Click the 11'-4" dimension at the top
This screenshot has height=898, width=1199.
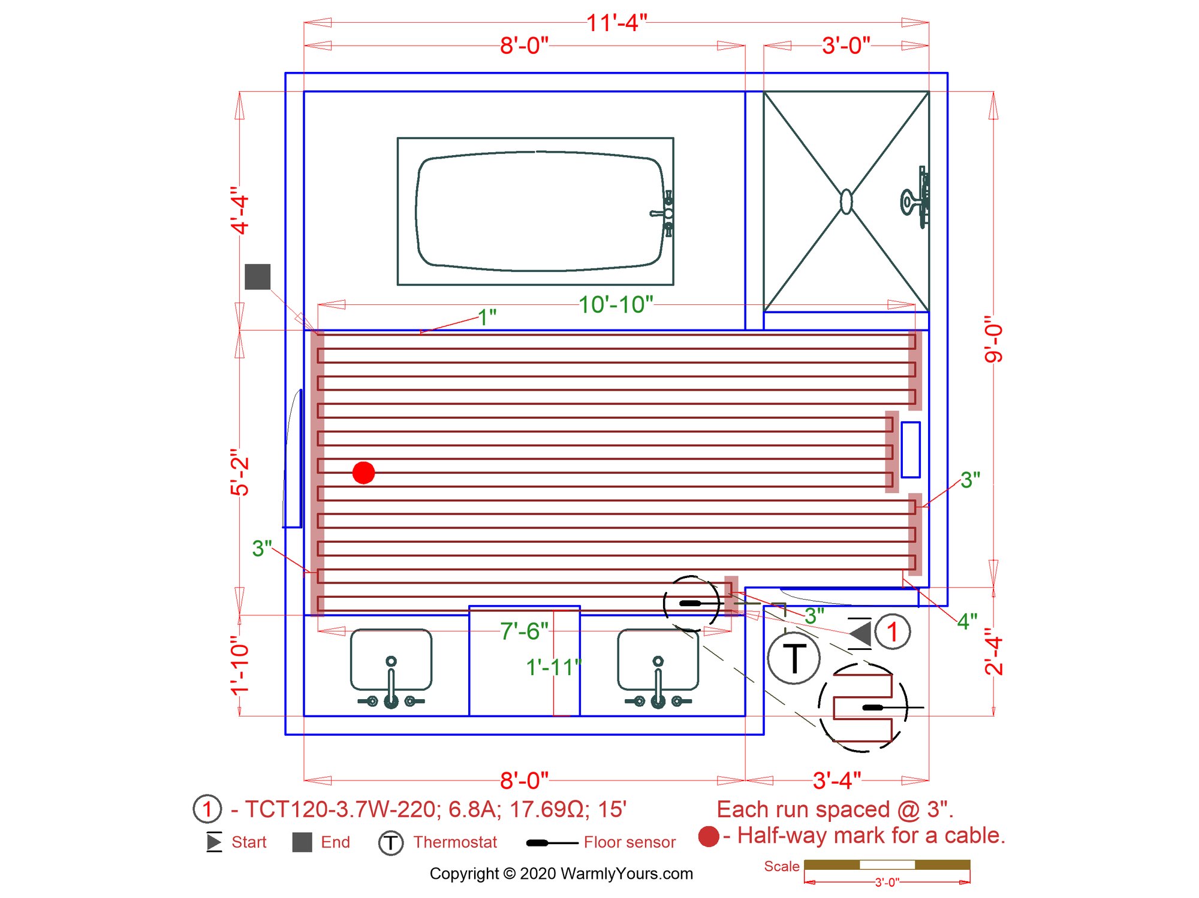tap(616, 23)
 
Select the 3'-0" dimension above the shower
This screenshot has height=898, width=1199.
tap(846, 46)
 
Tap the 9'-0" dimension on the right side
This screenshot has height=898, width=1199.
tap(993, 339)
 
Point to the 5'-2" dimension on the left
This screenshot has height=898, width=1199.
tap(239, 475)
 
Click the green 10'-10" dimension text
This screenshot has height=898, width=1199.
tap(616, 304)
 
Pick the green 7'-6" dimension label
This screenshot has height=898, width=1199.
tap(524, 631)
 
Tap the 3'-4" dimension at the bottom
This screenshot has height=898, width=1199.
tap(837, 781)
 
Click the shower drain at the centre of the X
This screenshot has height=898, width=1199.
tap(846, 201)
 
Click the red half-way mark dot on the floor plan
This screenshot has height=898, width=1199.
tap(363, 473)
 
